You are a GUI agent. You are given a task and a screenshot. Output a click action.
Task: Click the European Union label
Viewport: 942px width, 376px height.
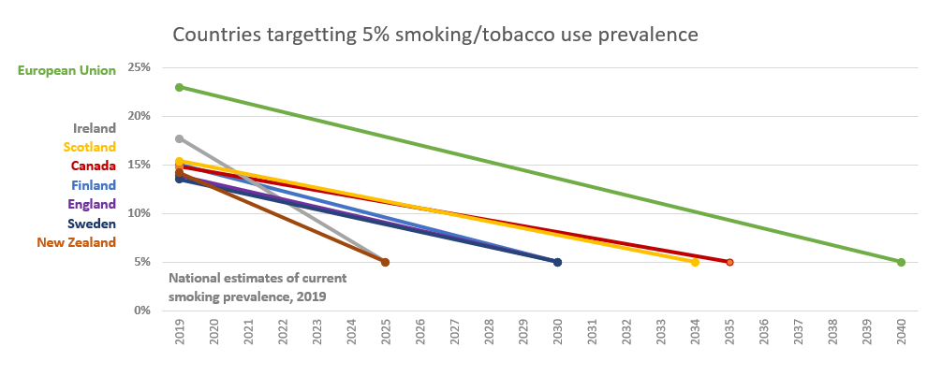coord(66,70)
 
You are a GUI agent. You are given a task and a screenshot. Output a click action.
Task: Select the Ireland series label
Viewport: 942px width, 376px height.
coord(95,128)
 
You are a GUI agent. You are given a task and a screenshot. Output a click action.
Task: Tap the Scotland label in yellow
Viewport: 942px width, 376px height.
coord(89,147)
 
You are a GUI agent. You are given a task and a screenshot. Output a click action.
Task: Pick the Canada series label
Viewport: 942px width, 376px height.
coord(94,166)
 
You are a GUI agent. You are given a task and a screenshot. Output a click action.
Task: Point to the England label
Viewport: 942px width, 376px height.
coord(92,204)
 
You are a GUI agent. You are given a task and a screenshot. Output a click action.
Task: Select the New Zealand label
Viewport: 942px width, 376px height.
coord(77,242)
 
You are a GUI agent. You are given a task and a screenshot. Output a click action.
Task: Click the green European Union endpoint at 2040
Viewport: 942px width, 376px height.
coord(901,262)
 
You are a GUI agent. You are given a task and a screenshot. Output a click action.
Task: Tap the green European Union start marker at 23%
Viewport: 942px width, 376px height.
coord(180,87)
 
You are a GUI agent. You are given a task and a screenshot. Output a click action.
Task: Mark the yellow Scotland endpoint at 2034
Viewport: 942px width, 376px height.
coord(695,262)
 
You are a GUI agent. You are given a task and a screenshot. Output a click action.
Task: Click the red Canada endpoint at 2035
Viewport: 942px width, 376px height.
coord(729,262)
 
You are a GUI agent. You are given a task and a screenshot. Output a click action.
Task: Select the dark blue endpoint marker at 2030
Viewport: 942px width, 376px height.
coord(557,262)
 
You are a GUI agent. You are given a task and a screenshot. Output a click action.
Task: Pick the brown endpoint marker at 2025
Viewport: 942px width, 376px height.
coord(385,262)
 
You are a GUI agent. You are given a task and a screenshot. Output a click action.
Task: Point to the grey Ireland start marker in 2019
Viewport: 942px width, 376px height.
coord(180,138)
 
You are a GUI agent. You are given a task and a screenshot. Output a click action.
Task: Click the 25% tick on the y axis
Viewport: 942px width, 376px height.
coord(140,67)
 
